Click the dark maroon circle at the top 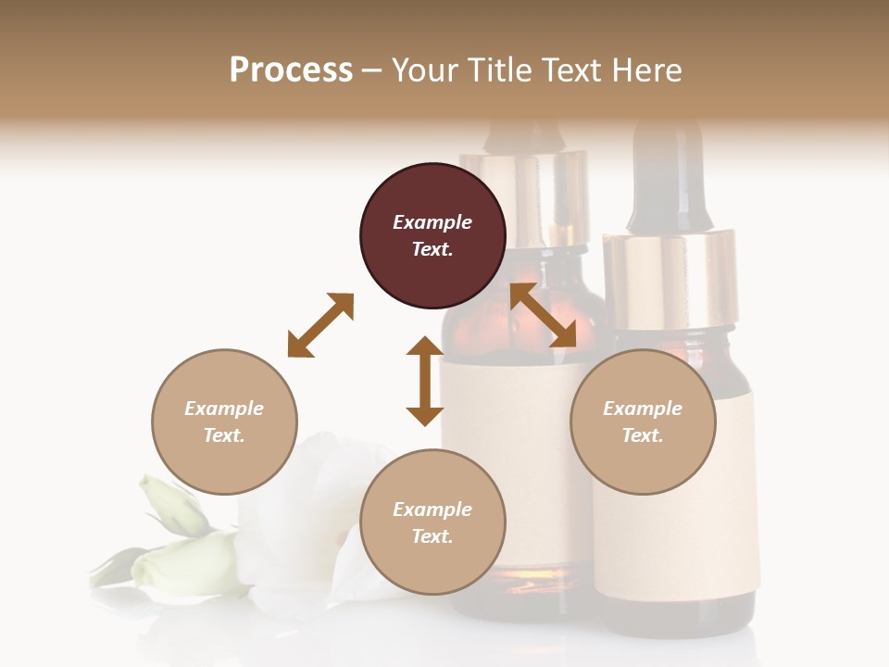click(x=432, y=236)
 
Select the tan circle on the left click(x=224, y=422)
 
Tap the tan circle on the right click(x=643, y=422)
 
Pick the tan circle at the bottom click(x=432, y=522)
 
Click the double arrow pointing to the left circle click(x=320, y=325)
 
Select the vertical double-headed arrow click(x=425, y=381)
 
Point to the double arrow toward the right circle click(x=543, y=315)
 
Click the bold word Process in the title click(x=291, y=69)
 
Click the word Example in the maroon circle click(x=432, y=222)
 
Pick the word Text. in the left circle click(x=224, y=435)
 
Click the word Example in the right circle click(x=643, y=409)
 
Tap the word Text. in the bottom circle click(x=432, y=536)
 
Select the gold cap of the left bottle click(x=524, y=199)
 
